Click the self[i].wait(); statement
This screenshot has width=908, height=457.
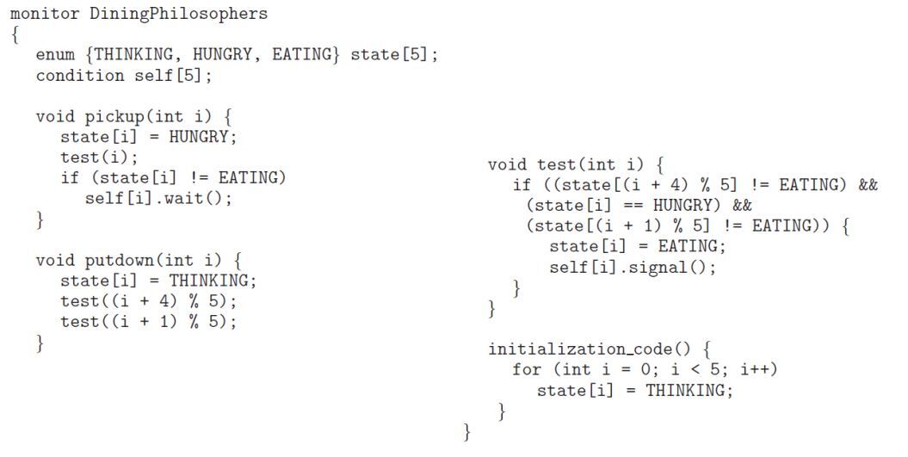tap(158, 199)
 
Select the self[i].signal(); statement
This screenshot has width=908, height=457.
tap(633, 267)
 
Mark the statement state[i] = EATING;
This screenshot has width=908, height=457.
tap(637, 247)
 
